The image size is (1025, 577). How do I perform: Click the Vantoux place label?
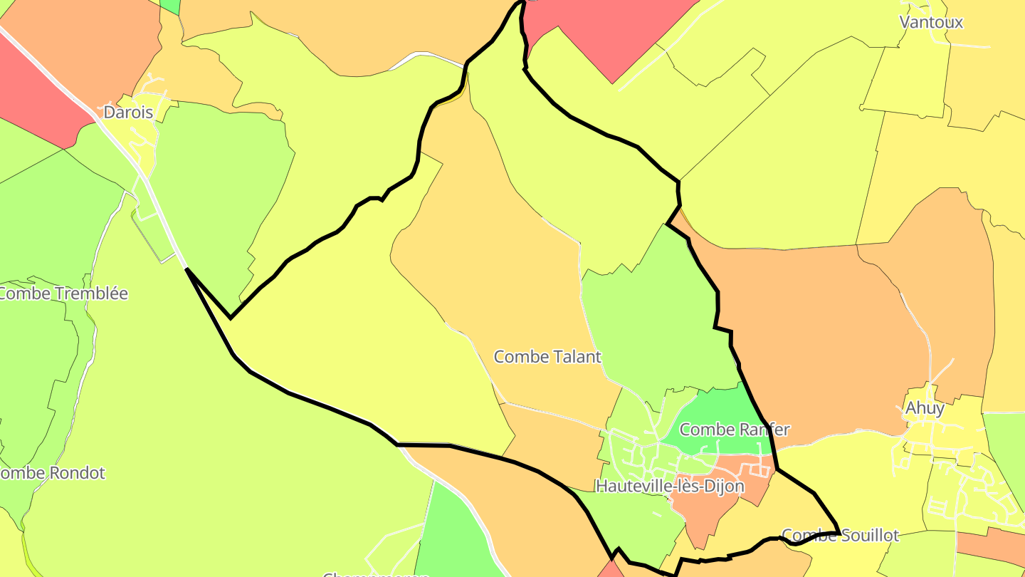click(931, 22)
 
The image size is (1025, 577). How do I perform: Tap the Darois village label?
click(128, 112)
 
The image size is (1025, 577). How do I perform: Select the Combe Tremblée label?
click(63, 293)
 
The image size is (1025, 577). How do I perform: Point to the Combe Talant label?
click(547, 356)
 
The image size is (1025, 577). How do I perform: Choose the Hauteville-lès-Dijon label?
click(670, 487)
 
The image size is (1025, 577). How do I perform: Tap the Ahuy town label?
click(925, 408)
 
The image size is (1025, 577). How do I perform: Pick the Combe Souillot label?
click(840, 535)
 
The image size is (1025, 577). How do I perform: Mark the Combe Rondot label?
click(51, 473)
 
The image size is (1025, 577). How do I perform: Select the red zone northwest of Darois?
click(36, 93)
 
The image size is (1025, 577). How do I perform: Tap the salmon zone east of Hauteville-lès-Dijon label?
click(712, 509)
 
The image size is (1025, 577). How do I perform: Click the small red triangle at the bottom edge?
click(609, 570)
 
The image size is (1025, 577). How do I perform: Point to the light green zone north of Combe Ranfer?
click(655, 321)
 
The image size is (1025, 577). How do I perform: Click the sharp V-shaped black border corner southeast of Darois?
click(230, 318)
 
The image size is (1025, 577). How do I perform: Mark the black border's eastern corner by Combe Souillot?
click(839, 531)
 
